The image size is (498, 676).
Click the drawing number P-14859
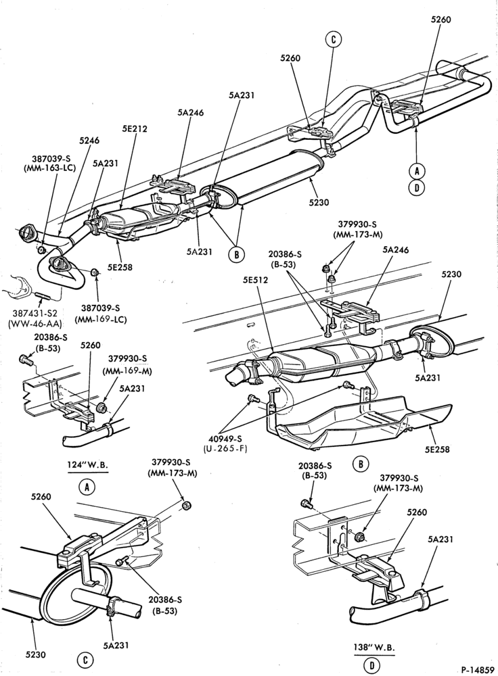[476, 669]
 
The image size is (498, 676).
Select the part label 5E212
[134, 128]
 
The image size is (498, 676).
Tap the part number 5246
[89, 141]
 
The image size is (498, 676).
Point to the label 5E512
[255, 280]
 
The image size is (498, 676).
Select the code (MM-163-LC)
[49, 168]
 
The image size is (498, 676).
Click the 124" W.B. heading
[87, 465]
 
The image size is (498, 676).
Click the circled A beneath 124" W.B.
[87, 487]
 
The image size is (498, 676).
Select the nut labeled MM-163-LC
[41, 250]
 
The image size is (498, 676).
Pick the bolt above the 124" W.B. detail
[26, 359]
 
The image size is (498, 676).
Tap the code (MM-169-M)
[126, 370]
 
